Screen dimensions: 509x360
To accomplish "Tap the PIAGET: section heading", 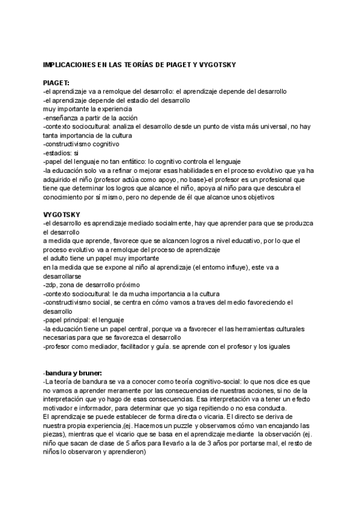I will [57, 82].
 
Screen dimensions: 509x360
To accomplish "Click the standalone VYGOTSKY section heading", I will [61, 214].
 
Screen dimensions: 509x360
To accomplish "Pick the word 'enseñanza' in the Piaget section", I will [64, 118].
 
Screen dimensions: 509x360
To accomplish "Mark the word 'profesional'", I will [283, 179].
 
